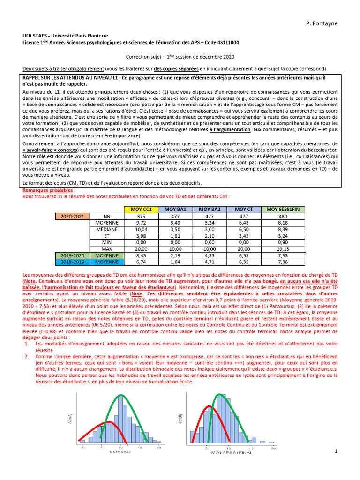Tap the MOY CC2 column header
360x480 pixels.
141,209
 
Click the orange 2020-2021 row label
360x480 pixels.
73,216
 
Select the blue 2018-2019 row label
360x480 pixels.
73,262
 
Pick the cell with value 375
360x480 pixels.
141,216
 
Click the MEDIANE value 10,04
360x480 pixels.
141,229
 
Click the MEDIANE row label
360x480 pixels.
107,229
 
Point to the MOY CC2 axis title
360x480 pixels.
120,453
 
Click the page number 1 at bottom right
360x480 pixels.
336,451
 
